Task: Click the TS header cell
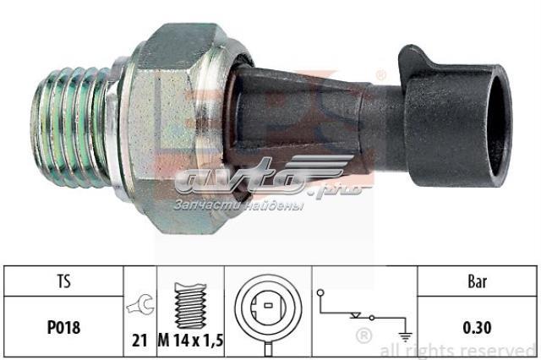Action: pos(64,281)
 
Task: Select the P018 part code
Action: pos(64,327)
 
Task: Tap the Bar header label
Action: pos(477,281)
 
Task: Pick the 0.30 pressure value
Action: pos(477,328)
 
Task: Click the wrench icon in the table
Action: pos(140,304)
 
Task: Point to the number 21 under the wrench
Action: pos(139,341)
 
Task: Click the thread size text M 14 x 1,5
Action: pos(191,341)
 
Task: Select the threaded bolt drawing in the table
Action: pos(190,306)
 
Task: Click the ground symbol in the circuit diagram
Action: pos(405,335)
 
